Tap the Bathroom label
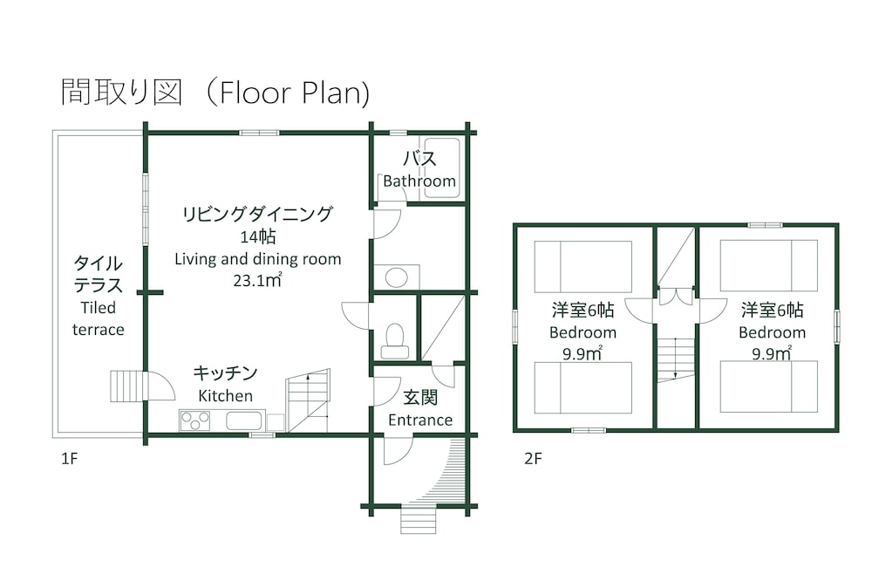tap(419, 181)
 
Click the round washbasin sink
tap(397, 278)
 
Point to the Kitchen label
tap(225, 395)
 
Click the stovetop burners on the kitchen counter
tap(194, 421)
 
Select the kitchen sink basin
tap(243, 421)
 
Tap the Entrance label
tap(420, 420)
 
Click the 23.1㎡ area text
tap(257, 281)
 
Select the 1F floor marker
tap(70, 458)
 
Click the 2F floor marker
tap(534, 458)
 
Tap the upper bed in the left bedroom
tap(582, 267)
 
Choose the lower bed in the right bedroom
tap(769, 386)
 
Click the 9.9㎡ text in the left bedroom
tap(582, 353)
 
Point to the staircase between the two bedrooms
tap(676, 358)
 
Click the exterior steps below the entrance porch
tap(418, 520)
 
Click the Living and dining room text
tap(257, 259)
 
